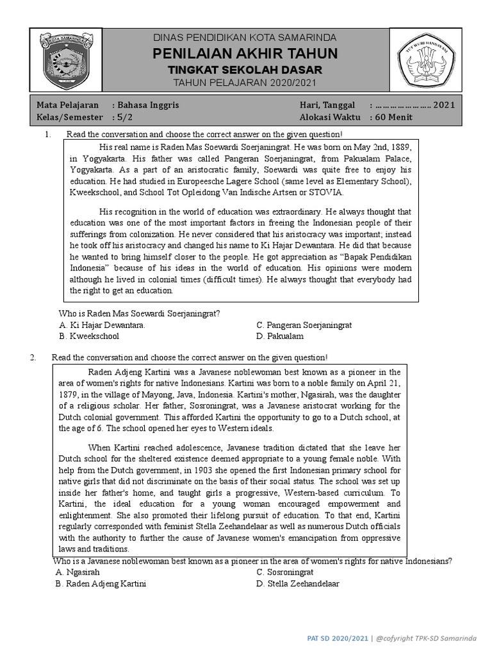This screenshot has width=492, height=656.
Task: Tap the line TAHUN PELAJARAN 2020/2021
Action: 245,83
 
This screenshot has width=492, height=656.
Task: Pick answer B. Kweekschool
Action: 89,336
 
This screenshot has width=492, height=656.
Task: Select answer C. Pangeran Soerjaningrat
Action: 304,325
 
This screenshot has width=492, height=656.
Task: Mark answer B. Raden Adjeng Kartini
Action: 101,584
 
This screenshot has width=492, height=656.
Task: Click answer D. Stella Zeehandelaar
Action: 298,584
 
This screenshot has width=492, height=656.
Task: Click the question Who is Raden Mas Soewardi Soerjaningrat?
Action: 140,313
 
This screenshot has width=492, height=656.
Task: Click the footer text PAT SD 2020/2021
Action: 338,638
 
